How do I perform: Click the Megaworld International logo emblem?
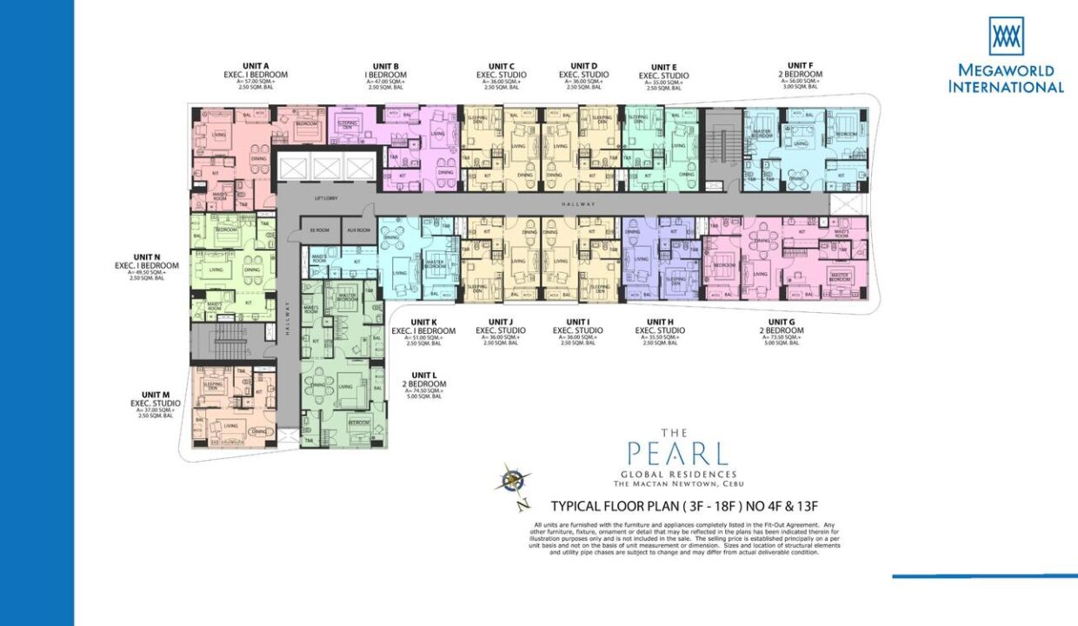tap(1006, 36)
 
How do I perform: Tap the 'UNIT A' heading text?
tap(255, 66)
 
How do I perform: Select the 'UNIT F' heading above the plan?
tap(800, 65)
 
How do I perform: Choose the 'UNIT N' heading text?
tap(146, 256)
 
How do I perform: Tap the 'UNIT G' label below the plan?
tap(782, 322)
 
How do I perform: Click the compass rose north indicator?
tap(515, 479)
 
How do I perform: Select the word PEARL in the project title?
tap(677, 454)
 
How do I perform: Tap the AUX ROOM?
tap(358, 230)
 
